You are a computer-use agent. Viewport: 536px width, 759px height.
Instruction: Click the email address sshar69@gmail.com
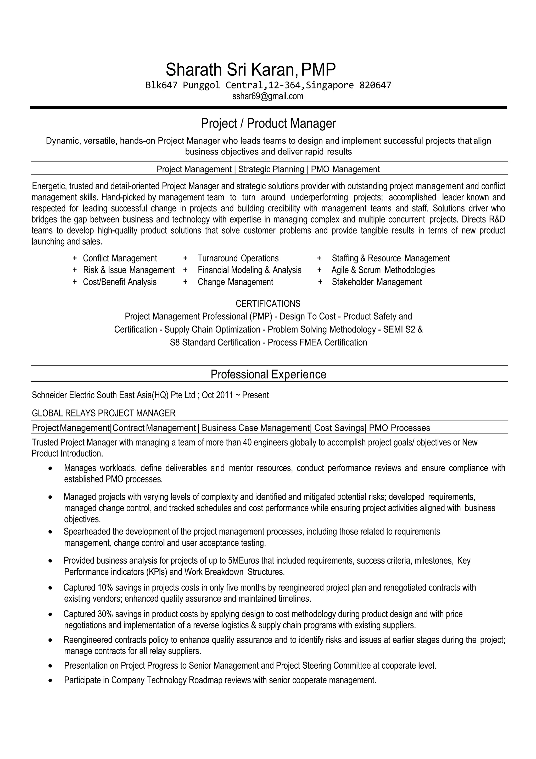[267, 96]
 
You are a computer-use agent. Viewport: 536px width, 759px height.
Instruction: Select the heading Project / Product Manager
[268, 123]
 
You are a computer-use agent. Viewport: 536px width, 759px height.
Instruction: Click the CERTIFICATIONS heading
[268, 304]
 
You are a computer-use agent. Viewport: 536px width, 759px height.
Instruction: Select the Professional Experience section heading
[268, 374]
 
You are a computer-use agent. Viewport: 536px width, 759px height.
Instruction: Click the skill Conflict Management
[120, 258]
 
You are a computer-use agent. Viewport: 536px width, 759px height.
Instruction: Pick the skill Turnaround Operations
[238, 258]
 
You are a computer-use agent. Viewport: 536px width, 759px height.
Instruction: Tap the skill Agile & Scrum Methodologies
[383, 270]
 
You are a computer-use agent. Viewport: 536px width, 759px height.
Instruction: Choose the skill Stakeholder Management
[377, 282]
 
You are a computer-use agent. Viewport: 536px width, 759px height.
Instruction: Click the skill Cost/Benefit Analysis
[120, 282]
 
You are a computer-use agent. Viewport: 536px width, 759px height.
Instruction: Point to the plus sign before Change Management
[186, 282]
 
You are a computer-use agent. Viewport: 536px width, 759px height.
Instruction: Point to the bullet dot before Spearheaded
[50, 532]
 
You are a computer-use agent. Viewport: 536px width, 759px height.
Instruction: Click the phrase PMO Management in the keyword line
[345, 169]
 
